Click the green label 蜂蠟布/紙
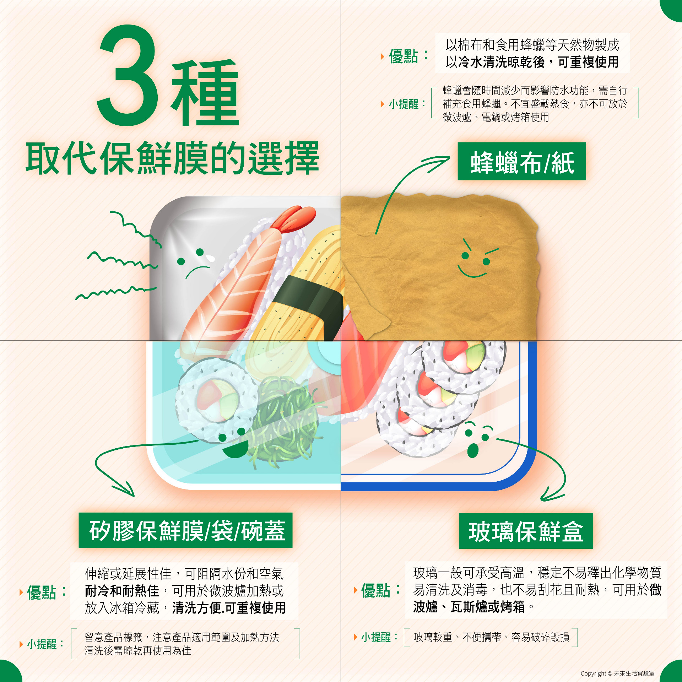(521, 161)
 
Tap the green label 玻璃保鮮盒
(526, 531)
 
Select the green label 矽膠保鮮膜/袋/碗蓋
(185, 530)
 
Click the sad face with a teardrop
(195, 263)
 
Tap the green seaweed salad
(284, 419)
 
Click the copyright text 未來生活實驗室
(634, 673)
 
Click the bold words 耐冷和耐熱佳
(122, 591)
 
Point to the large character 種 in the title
(205, 92)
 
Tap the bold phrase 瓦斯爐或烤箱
(487, 607)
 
